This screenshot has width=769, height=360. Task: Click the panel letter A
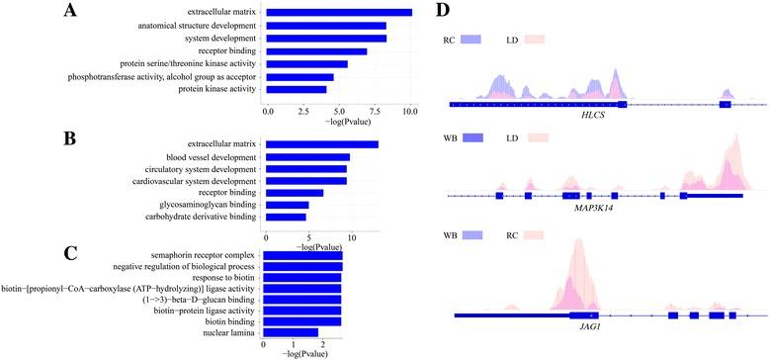[x=70, y=12]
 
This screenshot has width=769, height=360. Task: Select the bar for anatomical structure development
[x=326, y=26]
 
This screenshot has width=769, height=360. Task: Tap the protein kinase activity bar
[x=297, y=89]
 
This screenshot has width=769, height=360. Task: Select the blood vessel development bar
[x=307, y=157]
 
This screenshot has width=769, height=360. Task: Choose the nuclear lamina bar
[x=291, y=333]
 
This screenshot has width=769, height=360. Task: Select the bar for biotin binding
[x=302, y=320]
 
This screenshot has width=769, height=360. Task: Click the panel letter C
[x=70, y=251]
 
